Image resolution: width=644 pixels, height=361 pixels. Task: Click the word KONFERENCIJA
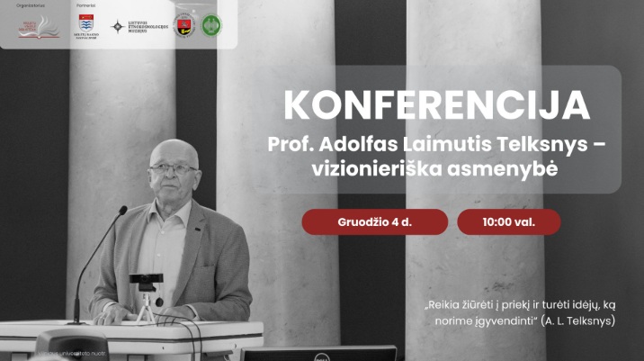click(x=436, y=106)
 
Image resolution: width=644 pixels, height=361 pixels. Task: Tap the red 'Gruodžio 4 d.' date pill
click(x=374, y=221)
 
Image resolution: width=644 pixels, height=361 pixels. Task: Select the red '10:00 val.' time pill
click(x=508, y=221)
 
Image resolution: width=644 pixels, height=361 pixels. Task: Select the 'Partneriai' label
click(x=84, y=5)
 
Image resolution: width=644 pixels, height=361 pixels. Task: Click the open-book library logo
click(x=38, y=27)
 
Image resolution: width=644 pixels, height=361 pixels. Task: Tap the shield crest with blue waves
click(x=85, y=23)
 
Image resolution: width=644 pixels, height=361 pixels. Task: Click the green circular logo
click(x=211, y=25)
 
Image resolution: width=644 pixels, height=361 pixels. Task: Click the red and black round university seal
click(x=182, y=25)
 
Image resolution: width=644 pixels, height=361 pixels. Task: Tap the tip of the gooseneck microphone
click(x=123, y=210)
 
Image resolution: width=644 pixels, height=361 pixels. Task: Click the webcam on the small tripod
click(x=145, y=280)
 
